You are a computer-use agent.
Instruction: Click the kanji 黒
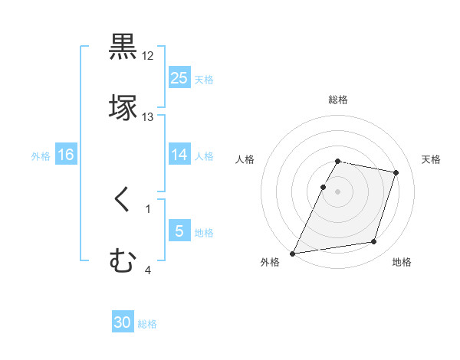(x=123, y=47)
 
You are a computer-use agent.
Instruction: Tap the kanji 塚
(x=123, y=107)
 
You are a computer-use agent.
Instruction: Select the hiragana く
(x=122, y=201)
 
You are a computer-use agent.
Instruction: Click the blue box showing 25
(x=179, y=77)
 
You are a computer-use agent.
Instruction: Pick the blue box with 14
(x=179, y=155)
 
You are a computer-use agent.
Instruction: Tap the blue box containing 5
(x=179, y=231)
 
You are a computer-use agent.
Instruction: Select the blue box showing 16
(x=66, y=155)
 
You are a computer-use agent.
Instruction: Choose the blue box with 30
(x=123, y=322)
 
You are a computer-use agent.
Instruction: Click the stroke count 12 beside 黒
(x=148, y=56)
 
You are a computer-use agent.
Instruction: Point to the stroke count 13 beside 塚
(x=148, y=116)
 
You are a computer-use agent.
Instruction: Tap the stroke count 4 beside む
(x=148, y=269)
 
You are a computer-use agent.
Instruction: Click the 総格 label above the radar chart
(x=338, y=100)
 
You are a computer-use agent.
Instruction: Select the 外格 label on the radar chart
(x=270, y=262)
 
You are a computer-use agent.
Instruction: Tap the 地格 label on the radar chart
(x=402, y=262)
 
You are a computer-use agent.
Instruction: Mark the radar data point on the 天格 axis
(x=396, y=172)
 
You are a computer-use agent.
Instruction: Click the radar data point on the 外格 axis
(x=293, y=253)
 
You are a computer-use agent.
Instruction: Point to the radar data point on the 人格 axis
(x=323, y=187)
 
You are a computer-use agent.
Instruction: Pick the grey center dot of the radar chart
(x=338, y=191)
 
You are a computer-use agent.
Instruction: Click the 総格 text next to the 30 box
(x=147, y=324)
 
